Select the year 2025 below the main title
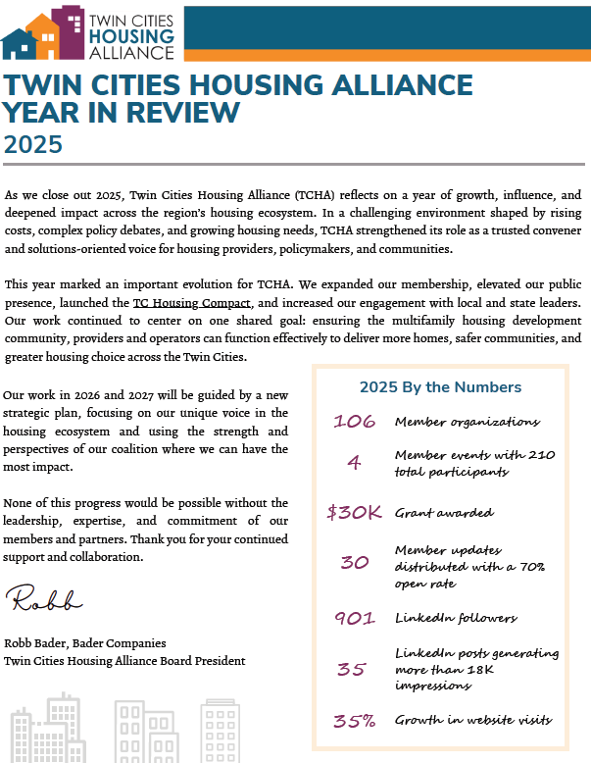33,144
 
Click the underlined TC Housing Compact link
192,302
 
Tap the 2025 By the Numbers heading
440,387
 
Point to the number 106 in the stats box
354,422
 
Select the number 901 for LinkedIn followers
354,618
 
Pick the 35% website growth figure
354,721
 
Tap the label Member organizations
467,422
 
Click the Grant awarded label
444,512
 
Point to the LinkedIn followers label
456,618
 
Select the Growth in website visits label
473,721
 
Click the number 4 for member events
354,463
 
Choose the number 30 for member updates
354,563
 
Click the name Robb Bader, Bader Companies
85,643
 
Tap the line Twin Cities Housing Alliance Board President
123,661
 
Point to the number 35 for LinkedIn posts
352,670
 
